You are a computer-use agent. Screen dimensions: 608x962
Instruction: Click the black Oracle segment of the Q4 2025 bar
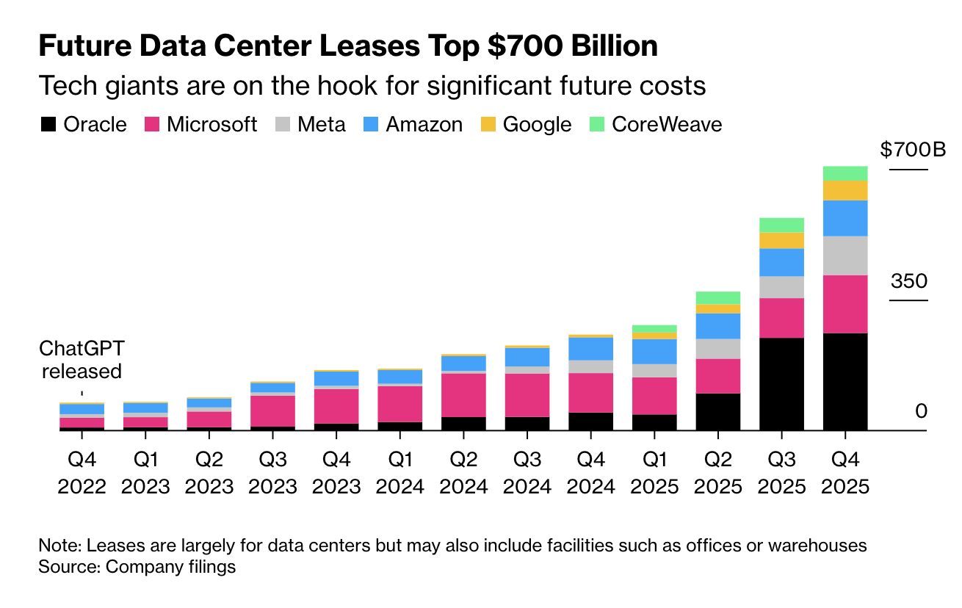(845, 381)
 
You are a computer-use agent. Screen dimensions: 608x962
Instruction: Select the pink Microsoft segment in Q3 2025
(781, 317)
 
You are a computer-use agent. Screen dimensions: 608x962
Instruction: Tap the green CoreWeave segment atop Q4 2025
(845, 173)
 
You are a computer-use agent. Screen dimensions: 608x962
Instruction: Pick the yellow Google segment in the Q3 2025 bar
(781, 240)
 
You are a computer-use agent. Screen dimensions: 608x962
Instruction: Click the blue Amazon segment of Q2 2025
(717, 325)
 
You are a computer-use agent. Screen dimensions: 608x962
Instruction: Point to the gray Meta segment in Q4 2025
(845, 255)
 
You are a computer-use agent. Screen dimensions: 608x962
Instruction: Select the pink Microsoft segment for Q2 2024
(463, 395)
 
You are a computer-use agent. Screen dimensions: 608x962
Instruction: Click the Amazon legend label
(424, 124)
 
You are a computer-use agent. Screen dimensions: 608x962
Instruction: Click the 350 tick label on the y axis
(909, 281)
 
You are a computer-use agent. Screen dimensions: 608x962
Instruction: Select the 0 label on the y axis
(921, 411)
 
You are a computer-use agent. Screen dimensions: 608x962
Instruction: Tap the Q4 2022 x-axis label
(82, 473)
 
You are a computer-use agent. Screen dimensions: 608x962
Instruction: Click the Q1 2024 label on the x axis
(399, 473)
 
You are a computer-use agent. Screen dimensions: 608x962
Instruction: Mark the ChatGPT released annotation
(81, 359)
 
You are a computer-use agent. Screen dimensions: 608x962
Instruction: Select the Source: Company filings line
(137, 567)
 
